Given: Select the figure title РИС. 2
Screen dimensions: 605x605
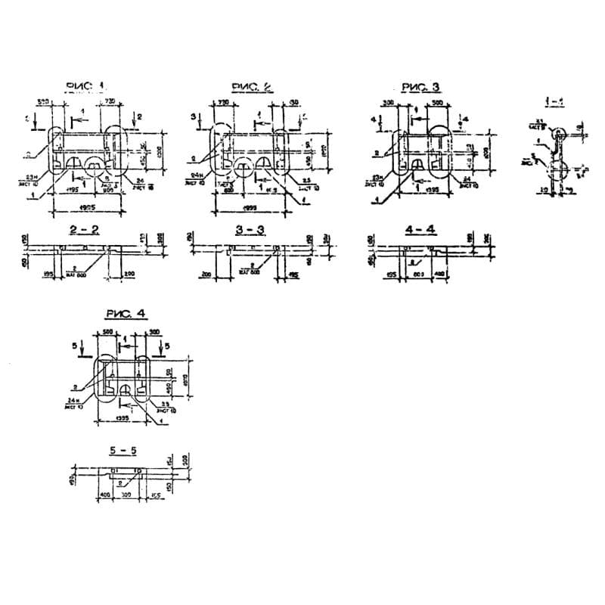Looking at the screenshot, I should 251,87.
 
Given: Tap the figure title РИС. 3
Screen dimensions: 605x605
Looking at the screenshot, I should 420,87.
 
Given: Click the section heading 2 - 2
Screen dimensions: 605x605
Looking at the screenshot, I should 82,228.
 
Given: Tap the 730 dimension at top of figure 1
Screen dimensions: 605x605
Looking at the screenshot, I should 109,101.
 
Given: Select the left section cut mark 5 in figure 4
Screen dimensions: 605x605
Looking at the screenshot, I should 75,344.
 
